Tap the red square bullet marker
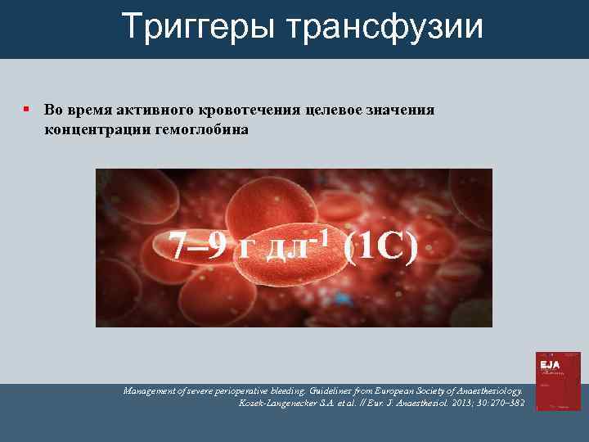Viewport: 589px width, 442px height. [27, 110]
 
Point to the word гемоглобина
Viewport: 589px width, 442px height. [200, 129]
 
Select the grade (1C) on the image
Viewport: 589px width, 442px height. [380, 247]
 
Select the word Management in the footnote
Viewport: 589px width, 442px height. [150, 391]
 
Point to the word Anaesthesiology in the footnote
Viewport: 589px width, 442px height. [484, 391]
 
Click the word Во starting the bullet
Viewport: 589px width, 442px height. [52, 110]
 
